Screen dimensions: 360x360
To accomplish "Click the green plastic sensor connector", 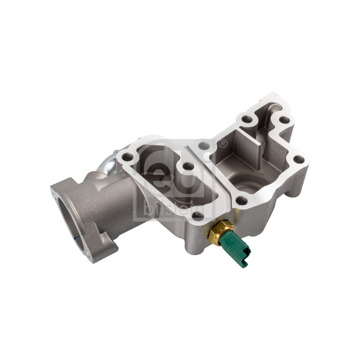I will [x=235, y=250].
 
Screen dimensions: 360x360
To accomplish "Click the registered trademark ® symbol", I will [x=222, y=144].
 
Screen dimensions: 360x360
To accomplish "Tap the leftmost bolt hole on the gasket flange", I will [x=128, y=157].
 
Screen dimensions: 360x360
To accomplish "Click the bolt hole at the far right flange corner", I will [x=298, y=159].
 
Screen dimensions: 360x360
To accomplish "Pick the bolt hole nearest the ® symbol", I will [x=204, y=146].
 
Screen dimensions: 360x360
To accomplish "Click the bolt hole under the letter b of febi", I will [x=188, y=166].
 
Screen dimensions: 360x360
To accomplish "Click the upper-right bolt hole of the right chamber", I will [x=284, y=120].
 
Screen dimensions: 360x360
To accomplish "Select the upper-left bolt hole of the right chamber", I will [x=247, y=120].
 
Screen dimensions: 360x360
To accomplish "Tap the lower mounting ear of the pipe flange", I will [x=101, y=252].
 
